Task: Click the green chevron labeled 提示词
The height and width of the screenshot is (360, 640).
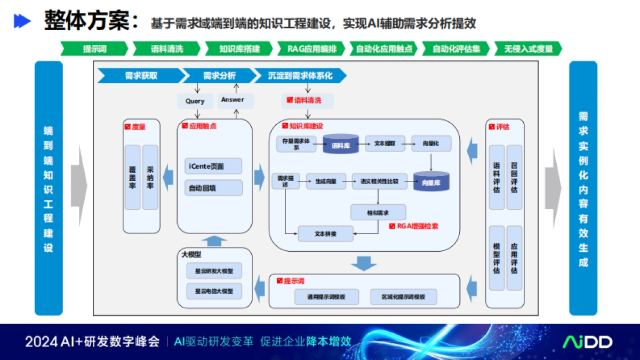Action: tap(94, 49)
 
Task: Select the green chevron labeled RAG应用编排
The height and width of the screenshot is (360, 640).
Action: tap(312, 49)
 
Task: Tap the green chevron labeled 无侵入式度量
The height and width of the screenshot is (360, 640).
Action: tap(528, 49)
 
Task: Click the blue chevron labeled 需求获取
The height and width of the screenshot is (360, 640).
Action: tap(140, 76)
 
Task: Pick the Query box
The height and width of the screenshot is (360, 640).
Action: tap(195, 101)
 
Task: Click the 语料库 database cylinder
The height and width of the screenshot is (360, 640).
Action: tap(340, 144)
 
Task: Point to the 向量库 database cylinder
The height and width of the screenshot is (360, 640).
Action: tap(431, 181)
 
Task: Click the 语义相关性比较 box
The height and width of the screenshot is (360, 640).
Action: tap(379, 181)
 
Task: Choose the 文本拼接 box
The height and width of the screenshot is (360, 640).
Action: tap(325, 234)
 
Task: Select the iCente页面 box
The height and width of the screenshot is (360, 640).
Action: tap(213, 166)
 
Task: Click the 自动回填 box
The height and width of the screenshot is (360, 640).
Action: tap(213, 188)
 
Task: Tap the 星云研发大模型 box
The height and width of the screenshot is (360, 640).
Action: tap(214, 270)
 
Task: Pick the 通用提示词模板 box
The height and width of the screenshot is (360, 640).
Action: tap(326, 297)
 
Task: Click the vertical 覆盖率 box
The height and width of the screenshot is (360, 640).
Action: tap(132, 177)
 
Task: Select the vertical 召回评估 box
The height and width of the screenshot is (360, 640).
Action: tap(514, 177)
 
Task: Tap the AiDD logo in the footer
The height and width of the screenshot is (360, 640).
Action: tap(588, 342)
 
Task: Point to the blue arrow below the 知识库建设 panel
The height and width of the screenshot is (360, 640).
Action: tap(364, 263)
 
